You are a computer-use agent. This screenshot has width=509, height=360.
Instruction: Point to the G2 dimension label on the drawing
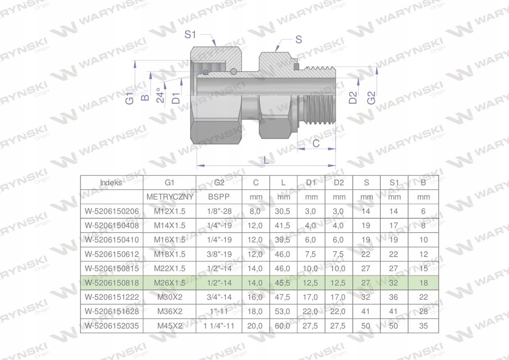[371, 97]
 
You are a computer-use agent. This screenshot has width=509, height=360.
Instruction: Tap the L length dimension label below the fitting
[266, 161]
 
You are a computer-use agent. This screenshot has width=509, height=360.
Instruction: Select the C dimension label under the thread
[316, 143]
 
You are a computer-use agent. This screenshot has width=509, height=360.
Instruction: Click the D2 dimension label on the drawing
[353, 97]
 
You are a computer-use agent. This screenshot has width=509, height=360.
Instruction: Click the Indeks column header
[111, 182]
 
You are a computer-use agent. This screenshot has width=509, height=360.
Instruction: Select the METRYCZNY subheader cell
[170, 197]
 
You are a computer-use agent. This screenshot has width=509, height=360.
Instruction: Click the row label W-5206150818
[111, 283]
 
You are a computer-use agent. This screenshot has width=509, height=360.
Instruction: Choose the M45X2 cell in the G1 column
[170, 326]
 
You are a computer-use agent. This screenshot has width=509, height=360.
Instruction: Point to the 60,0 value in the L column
[283, 326]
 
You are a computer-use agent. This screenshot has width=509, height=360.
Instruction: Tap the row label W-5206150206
[111, 211]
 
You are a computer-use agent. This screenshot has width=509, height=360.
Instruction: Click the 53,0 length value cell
[283, 312]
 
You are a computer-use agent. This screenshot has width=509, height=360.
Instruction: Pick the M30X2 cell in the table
[170, 297]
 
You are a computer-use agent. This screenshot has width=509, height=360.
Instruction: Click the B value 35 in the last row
[424, 326]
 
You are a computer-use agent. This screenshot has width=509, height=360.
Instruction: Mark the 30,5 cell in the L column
[283, 211]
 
